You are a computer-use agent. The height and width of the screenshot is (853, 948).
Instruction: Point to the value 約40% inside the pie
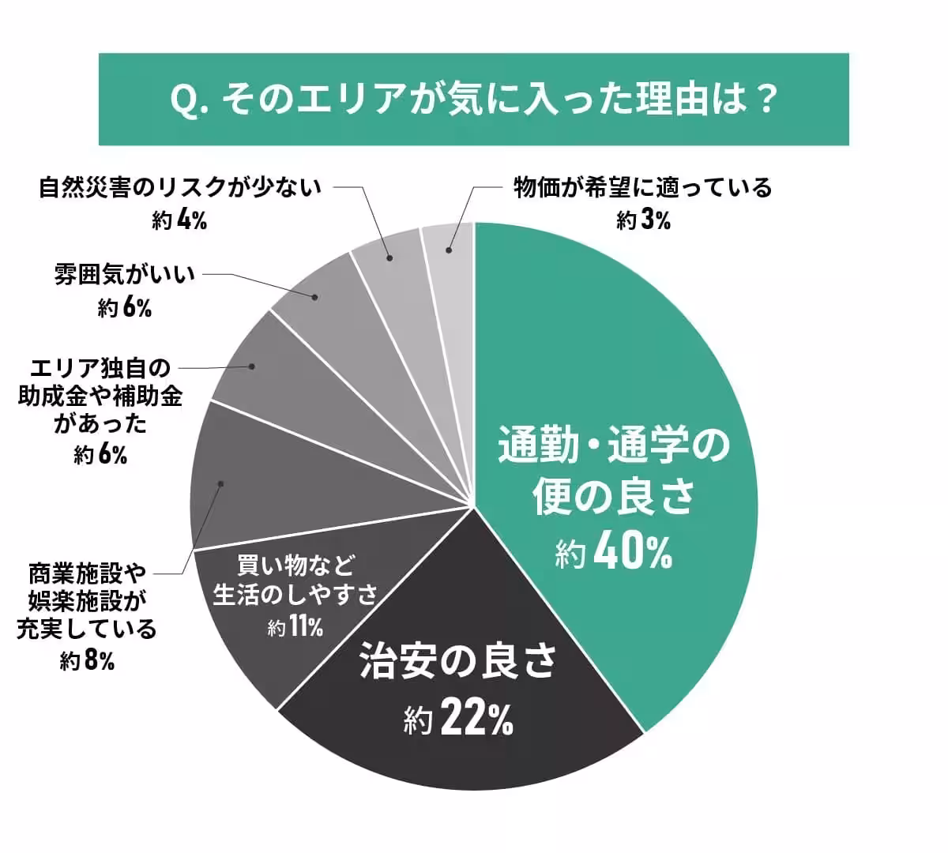[x=613, y=553]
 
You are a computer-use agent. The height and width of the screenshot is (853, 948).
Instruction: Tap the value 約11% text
[x=295, y=628]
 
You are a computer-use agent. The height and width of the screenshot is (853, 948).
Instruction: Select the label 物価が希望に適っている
[x=642, y=188]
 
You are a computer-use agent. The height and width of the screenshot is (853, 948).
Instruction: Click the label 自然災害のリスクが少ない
[x=180, y=188]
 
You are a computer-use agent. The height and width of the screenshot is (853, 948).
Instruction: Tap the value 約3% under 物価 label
[x=643, y=220]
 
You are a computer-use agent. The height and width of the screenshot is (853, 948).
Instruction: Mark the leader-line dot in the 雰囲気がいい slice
[x=315, y=298]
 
